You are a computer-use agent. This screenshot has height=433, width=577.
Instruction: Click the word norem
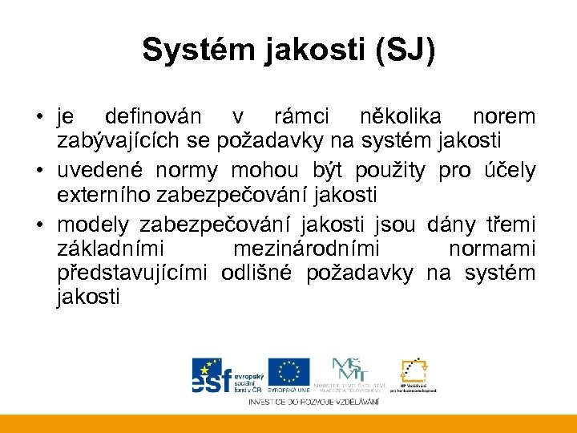(x=504, y=118)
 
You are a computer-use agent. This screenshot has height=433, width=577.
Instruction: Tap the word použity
(x=389, y=170)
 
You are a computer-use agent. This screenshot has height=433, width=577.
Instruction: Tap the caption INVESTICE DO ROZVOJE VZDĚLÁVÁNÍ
(x=314, y=401)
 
